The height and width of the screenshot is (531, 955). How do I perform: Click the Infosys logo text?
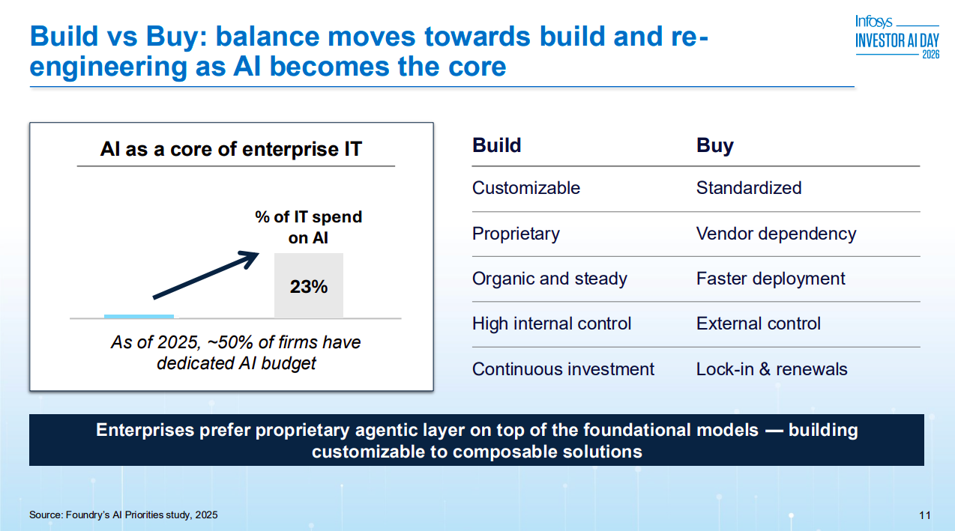click(x=873, y=22)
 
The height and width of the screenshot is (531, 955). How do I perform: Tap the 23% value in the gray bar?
click(x=309, y=287)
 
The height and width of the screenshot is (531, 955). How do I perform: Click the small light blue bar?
click(x=139, y=316)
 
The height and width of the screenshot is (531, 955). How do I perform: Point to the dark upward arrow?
click(x=206, y=275)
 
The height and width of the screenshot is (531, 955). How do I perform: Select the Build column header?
click(x=497, y=145)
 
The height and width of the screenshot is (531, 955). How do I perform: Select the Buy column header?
click(x=715, y=146)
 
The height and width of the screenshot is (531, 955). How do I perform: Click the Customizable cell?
click(x=526, y=188)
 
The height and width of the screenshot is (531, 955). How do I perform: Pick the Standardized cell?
click(x=749, y=188)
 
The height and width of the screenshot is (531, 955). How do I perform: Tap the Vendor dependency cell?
click(x=776, y=234)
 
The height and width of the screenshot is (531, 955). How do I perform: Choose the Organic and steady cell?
click(x=549, y=279)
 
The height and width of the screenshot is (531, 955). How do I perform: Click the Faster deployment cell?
click(x=771, y=279)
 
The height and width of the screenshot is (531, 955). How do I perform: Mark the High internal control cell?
click(x=552, y=324)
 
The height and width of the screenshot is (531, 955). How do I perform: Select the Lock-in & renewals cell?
click(x=771, y=369)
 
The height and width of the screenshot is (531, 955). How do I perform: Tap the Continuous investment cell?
click(x=563, y=369)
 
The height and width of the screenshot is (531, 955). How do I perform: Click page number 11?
click(x=924, y=515)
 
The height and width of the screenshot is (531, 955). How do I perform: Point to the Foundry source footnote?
click(x=123, y=515)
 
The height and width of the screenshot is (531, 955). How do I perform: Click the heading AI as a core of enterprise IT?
click(x=231, y=149)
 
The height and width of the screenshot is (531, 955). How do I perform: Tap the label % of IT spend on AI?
click(x=308, y=228)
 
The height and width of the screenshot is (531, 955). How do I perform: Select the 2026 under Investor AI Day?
click(x=931, y=55)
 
